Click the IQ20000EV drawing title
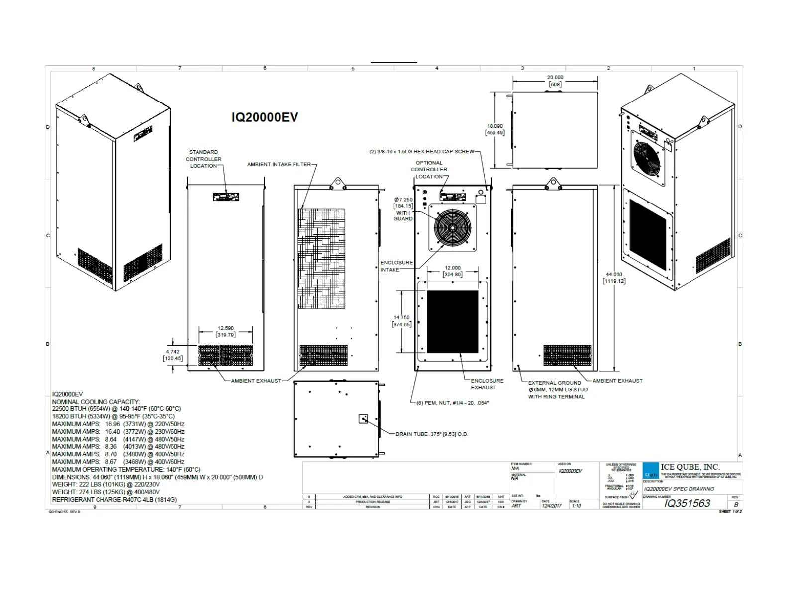[x=265, y=117]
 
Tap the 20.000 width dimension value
[x=555, y=77]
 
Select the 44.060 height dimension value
[x=614, y=274]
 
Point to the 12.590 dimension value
[x=225, y=328]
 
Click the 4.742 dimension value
[x=172, y=352]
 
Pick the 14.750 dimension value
[x=401, y=317]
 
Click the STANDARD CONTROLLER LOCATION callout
[x=203, y=159]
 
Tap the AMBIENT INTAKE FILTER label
[x=279, y=164]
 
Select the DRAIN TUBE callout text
[x=432, y=434]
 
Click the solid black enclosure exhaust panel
[x=452, y=321]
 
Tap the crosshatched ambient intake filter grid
[x=321, y=258]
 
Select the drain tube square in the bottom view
[x=363, y=419]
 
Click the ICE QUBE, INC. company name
[x=690, y=467]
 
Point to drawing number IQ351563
[x=687, y=503]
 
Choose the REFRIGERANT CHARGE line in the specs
[x=114, y=500]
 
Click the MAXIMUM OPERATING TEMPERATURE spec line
[x=126, y=469]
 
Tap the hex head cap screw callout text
[x=421, y=152]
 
